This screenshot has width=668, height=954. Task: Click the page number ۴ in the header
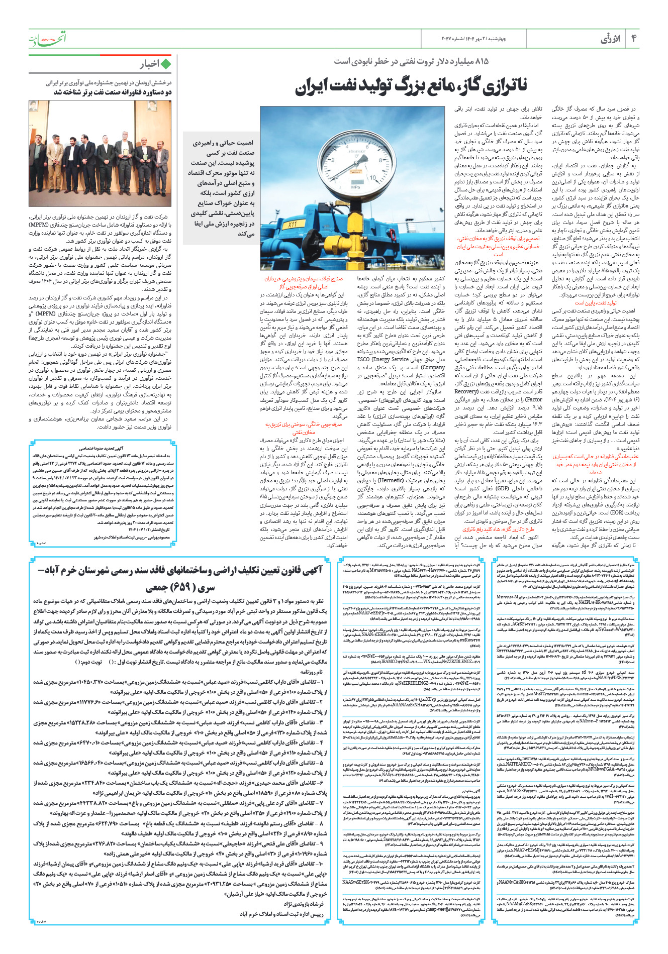click(x=634, y=39)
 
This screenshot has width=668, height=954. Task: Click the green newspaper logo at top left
click(x=48, y=38)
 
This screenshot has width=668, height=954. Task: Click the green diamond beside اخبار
click(x=166, y=64)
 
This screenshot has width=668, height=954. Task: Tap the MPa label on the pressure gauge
click(x=355, y=187)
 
